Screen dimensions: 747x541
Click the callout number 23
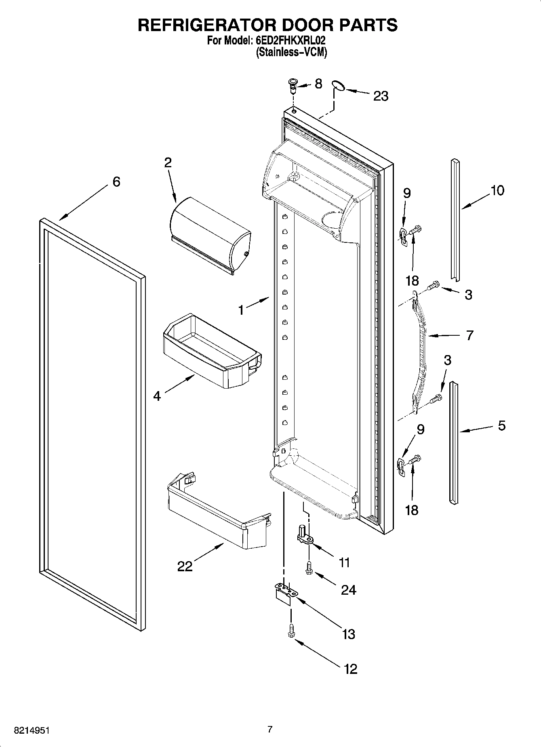point(380,97)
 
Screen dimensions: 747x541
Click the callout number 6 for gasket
point(116,182)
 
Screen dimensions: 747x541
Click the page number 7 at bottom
point(270,729)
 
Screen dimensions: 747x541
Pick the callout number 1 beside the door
point(241,310)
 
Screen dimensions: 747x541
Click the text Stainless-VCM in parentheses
point(291,52)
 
